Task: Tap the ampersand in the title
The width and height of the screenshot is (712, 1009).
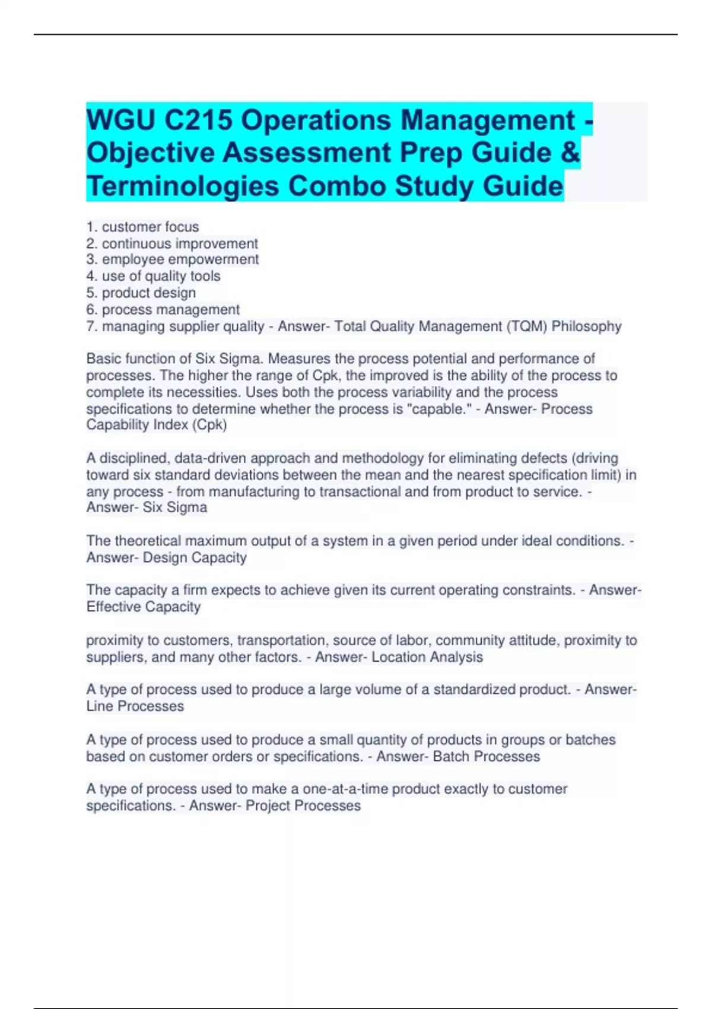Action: click(570, 153)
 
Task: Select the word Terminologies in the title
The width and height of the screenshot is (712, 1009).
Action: click(183, 186)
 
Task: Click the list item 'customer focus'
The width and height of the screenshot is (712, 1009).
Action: click(150, 227)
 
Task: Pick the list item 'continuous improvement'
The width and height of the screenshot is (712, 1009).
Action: click(180, 243)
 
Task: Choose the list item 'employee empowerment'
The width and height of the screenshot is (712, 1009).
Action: click(180, 259)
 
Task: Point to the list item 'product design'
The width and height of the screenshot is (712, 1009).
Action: click(148, 293)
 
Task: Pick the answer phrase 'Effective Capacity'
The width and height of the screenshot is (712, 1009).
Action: click(144, 607)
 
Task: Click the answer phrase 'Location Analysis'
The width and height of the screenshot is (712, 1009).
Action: click(427, 657)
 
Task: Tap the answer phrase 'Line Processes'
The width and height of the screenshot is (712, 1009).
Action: click(135, 706)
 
